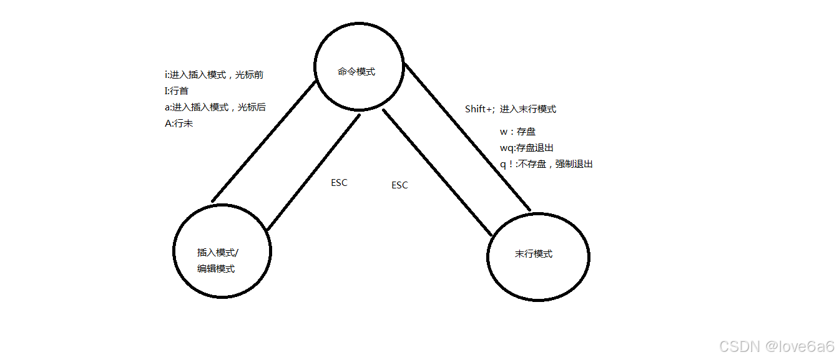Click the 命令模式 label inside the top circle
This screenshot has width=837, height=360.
(356, 72)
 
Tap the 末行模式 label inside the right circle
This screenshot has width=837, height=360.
(534, 254)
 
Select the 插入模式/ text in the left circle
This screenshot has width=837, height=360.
(218, 253)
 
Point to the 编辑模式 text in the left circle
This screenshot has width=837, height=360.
(216, 268)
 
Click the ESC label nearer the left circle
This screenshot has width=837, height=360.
(339, 183)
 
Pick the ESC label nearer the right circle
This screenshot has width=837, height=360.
(399, 185)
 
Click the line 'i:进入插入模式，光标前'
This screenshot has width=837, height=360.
(213, 74)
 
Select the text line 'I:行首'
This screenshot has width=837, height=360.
(177, 91)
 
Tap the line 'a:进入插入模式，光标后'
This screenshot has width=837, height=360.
(215, 107)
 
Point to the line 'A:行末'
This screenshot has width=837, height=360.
(179, 124)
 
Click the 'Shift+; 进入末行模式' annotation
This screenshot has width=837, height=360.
(510, 109)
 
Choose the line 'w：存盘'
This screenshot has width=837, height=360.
(517, 132)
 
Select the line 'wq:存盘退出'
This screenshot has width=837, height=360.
(527, 148)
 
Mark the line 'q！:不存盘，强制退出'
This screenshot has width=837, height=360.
(546, 164)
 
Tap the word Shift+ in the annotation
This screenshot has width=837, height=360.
(479, 109)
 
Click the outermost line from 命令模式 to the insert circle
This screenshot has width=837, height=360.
(263, 142)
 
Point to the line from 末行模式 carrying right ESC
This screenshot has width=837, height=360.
(437, 172)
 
